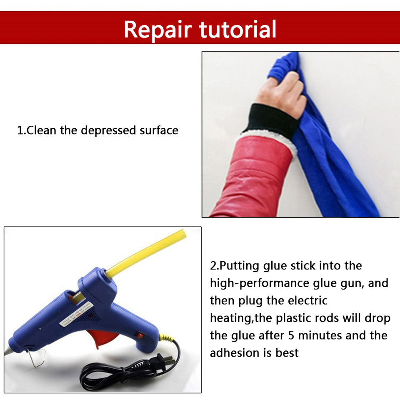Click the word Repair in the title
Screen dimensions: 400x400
pos(157,30)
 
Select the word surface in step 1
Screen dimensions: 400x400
pos(159,130)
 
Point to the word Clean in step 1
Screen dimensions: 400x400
pos(41,130)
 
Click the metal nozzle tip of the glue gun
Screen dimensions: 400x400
pos(7,350)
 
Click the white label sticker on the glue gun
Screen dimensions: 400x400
pos(76,314)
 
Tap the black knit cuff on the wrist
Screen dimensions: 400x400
pos(272,118)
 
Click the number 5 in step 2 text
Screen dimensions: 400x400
pos(291,335)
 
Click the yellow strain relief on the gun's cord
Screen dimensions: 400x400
pos(166,338)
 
